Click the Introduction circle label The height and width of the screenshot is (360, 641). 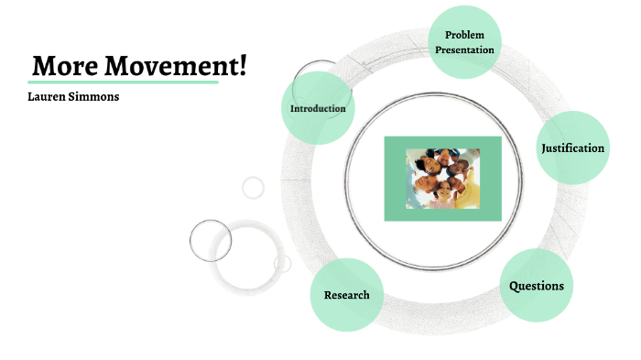[318, 109]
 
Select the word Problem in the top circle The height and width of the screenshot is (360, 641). [464, 35]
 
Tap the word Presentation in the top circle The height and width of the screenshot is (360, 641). [464, 49]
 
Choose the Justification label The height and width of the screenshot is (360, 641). [572, 148]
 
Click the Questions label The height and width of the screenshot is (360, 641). [537, 286]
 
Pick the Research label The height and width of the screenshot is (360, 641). [346, 295]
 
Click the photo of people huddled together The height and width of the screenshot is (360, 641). [443, 179]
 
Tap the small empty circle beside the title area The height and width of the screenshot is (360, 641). [253, 188]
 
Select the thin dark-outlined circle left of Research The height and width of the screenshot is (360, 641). [211, 240]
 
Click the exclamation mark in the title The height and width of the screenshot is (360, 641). [243, 66]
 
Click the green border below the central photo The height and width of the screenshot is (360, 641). [443, 214]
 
